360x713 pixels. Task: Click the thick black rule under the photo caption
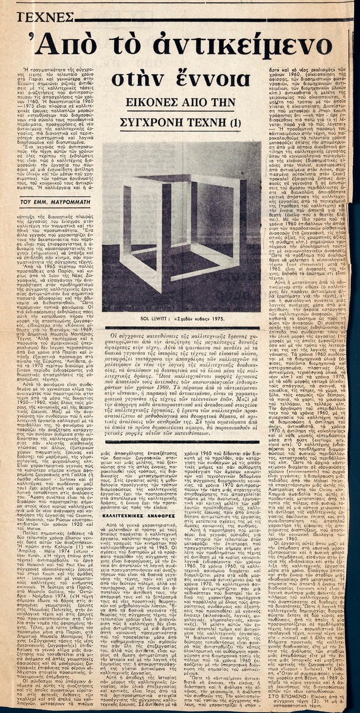[181, 327]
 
